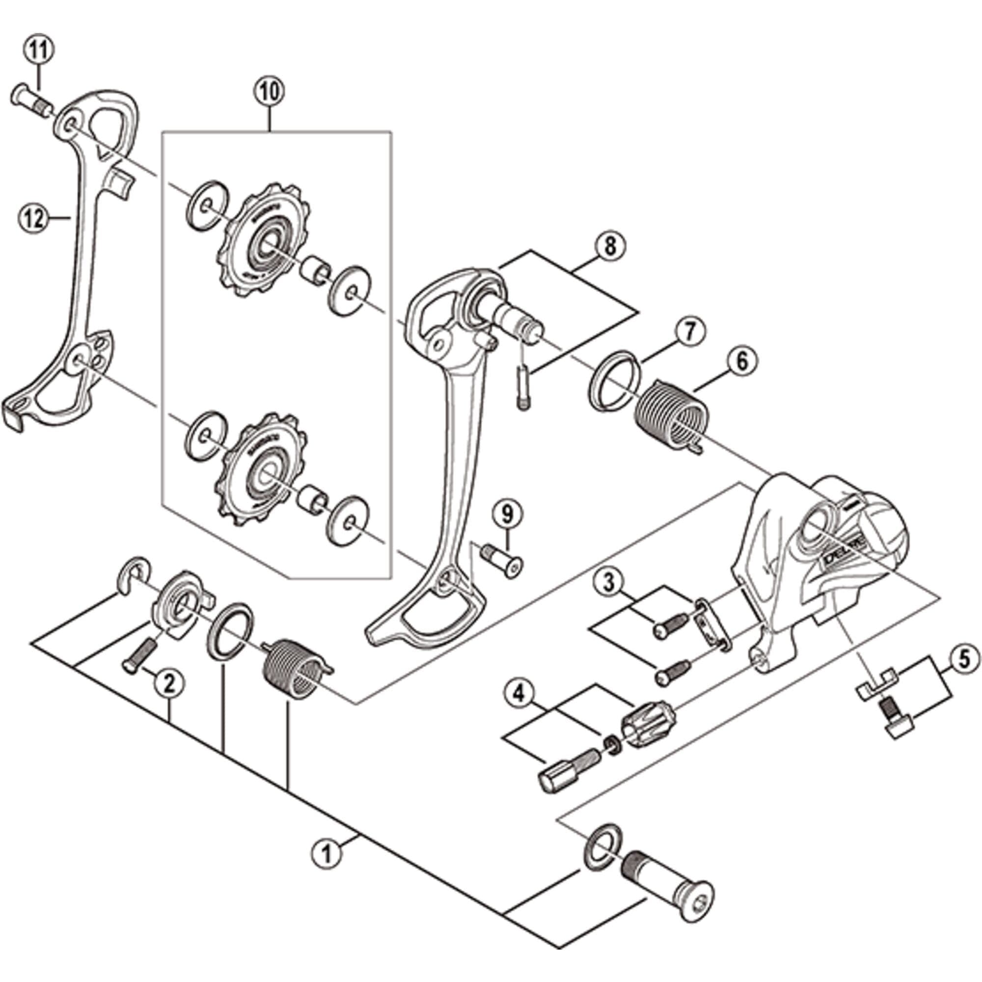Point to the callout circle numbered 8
click(x=610, y=247)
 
